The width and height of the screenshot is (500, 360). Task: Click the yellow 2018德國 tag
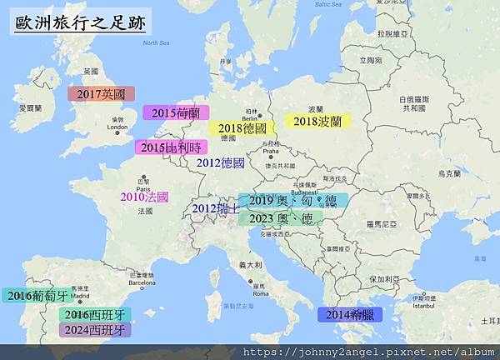coord(242,128)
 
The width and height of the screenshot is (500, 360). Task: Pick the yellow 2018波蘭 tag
coord(317,121)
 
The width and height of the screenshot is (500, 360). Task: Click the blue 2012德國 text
coord(220,163)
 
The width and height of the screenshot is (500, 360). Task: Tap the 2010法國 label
coord(144,197)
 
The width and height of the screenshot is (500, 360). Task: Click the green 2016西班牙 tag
coord(95,314)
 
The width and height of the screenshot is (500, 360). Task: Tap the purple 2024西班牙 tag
coord(95,329)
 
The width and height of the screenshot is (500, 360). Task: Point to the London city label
coord(117,127)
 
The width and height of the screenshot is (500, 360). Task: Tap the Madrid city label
coord(80,296)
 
